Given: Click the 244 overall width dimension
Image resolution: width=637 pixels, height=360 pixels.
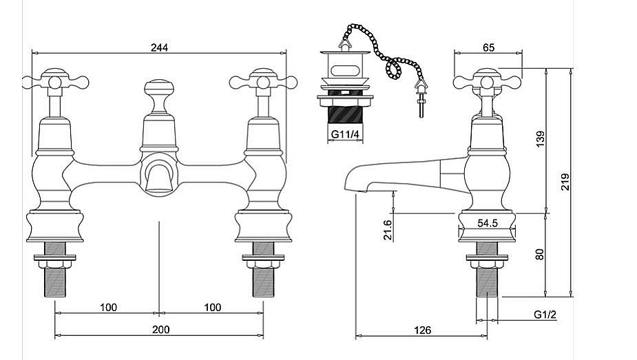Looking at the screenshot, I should tap(160, 47).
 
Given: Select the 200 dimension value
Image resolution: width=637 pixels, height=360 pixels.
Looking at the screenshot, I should tap(160, 330).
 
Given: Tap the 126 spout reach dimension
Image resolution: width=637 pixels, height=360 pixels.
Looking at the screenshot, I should tap(423, 330).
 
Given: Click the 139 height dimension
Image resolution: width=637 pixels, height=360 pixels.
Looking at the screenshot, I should tap(540, 140).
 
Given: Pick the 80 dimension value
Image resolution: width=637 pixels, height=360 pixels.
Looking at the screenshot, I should tap(540, 254).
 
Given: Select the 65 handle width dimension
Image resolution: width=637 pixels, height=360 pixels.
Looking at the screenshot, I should tap(488, 47).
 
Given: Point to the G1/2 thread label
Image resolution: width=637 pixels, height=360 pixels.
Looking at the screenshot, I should tap(545, 315).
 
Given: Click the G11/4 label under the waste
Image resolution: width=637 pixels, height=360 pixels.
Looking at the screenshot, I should tap(344, 134).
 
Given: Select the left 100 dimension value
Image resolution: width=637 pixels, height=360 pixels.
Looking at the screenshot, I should tap(107, 307).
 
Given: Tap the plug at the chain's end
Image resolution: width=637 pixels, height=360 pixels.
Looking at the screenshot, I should tap(419, 93).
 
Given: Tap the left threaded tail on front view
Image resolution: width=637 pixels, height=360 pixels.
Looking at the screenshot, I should tap(54, 279).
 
